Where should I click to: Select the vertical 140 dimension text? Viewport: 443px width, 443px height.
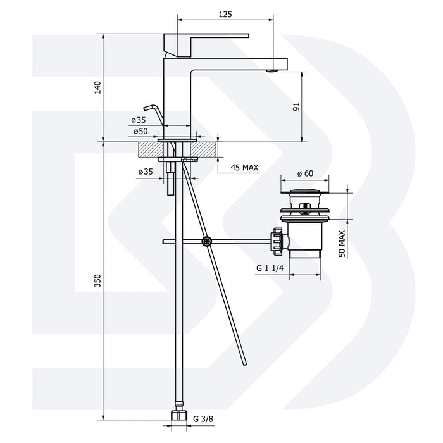click(x=97, y=86)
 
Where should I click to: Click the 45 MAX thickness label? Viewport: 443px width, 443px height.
click(x=244, y=167)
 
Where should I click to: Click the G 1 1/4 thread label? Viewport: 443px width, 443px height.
click(x=271, y=268)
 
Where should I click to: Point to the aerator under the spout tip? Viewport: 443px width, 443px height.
click(x=272, y=71)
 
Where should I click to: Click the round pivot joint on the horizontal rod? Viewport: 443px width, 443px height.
click(x=207, y=241)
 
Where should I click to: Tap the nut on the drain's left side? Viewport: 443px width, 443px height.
click(x=277, y=240)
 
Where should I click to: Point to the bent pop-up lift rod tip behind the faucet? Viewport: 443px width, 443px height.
click(x=147, y=108)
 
